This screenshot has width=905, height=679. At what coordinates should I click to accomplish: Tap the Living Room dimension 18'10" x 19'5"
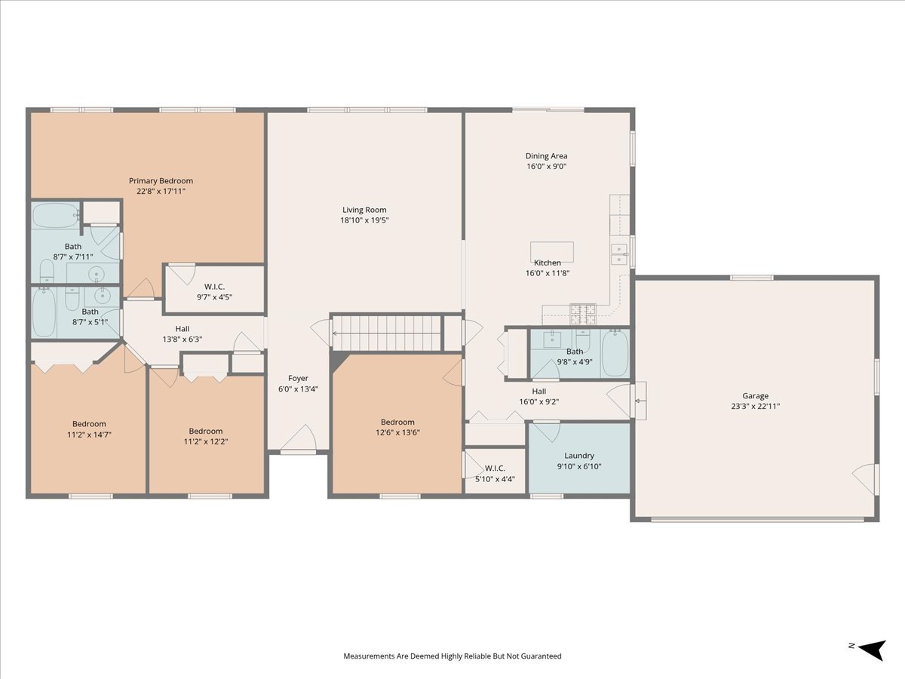pyautogui.click(x=364, y=220)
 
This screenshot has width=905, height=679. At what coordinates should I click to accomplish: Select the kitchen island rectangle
pyautogui.click(x=551, y=252)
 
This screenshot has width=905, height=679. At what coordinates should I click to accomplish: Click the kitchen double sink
pyautogui.click(x=619, y=254)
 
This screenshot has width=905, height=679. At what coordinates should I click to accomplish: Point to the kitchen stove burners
pyautogui.click(x=582, y=314)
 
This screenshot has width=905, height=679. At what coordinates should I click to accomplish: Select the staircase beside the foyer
pyautogui.click(x=387, y=333)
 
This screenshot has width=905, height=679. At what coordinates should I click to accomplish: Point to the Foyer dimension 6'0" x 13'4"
pyautogui.click(x=298, y=389)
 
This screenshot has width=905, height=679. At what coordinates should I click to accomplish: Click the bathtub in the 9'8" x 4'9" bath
pyautogui.click(x=615, y=353)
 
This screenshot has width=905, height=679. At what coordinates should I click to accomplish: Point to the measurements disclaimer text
pyautogui.click(x=452, y=656)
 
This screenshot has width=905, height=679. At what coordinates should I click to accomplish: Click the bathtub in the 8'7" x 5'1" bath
pyautogui.click(x=44, y=312)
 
